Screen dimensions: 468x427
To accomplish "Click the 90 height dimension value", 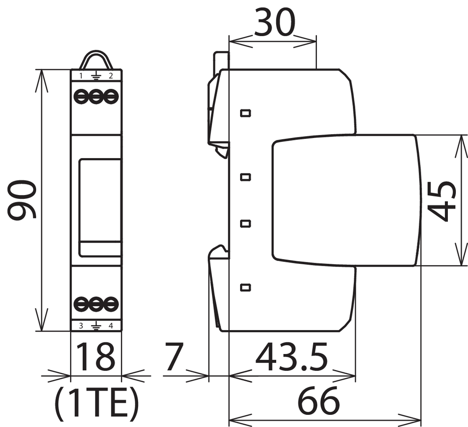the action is tap(22, 200).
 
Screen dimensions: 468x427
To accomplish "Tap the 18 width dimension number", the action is tap(96, 356).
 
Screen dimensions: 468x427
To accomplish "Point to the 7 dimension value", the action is tap(174, 356).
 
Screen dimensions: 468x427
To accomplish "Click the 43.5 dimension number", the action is tap(292, 356).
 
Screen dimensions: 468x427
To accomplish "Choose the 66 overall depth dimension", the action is tap(319, 400).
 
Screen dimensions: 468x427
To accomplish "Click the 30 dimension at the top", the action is tap(275, 22).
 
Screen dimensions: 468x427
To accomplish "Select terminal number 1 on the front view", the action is tap(81, 76).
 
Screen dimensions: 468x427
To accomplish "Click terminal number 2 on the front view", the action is tap(111, 76).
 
